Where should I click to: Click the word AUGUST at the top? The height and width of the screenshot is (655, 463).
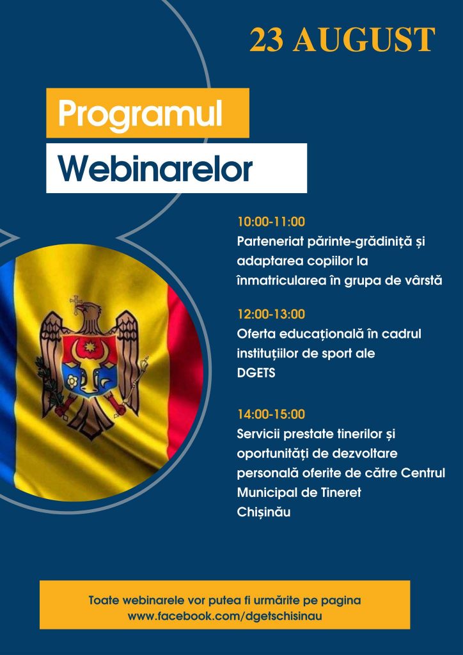click(365, 40)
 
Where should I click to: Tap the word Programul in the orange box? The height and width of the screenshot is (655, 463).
click(140, 114)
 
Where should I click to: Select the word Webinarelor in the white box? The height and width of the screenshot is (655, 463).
click(155, 169)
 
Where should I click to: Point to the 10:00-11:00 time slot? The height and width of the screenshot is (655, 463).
click(271, 222)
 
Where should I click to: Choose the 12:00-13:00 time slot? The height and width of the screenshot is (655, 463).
click(271, 313)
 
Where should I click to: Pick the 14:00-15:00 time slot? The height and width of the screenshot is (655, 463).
click(271, 414)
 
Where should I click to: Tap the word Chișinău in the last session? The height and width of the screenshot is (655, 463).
click(263, 512)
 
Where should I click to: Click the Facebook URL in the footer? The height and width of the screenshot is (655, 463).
click(224, 616)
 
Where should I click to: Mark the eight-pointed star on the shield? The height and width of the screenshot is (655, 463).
click(90, 346)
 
